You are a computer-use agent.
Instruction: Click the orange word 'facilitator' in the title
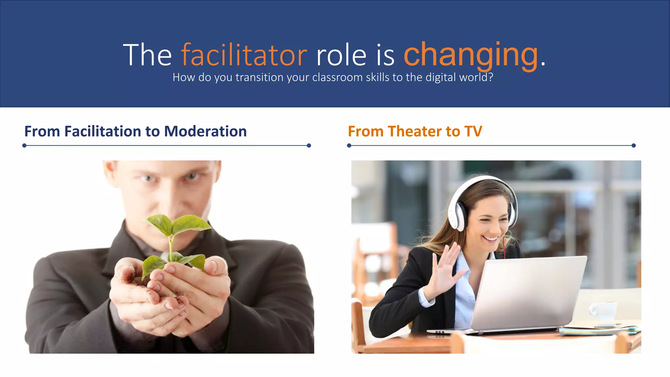[x=244, y=55]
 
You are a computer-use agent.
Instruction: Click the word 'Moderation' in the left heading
[x=205, y=131]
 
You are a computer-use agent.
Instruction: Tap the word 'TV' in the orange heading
[x=473, y=131]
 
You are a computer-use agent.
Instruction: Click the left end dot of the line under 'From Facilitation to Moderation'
[x=24, y=145]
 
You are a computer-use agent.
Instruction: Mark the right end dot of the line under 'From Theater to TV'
[x=633, y=145]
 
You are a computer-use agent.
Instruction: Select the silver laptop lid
[x=530, y=291]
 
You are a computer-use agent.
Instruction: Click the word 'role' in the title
[x=341, y=55]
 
